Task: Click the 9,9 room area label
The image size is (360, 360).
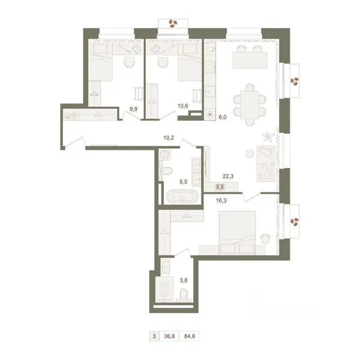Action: coord(133,109)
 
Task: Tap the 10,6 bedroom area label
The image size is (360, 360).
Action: coord(183,106)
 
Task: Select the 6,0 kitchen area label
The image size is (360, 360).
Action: coord(223,117)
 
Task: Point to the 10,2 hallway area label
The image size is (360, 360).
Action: coord(169,138)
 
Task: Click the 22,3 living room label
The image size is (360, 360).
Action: coord(228,176)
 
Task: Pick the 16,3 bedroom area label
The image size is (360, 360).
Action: coord(221,200)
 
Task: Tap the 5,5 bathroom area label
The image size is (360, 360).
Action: coord(184,182)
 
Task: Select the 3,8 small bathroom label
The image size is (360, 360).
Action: coord(184,280)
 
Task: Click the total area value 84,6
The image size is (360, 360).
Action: coord(190,337)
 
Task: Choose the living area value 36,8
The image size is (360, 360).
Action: coord(169,337)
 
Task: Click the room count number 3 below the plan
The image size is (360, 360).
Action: coord(154,337)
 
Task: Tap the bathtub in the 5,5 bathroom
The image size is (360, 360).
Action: coord(182,196)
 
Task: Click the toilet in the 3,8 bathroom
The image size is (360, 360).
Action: coord(184,295)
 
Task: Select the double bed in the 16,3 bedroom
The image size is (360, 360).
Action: coord(237,233)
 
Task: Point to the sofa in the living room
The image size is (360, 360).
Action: coord(266,163)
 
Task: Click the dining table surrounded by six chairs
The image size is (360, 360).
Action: coord(250,104)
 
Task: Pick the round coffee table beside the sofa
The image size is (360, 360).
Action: coord(250,154)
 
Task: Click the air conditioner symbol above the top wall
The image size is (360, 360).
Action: coord(173,23)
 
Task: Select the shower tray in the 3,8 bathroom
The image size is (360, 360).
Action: coord(164,289)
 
